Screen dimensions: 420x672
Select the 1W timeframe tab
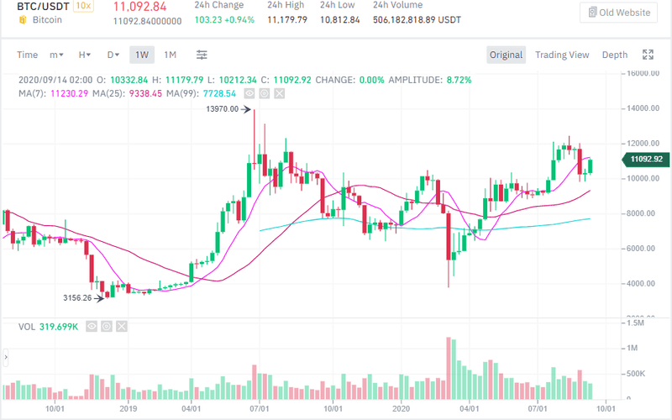pyautogui.click(x=142, y=55)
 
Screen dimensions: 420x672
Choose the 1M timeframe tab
pyautogui.click(x=170, y=55)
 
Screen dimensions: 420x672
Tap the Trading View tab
pyautogui.click(x=562, y=55)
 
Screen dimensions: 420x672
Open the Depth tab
pyautogui.click(x=614, y=55)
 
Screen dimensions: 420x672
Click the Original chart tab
pyautogui.click(x=507, y=55)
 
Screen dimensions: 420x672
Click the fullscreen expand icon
pyautogui.click(x=648, y=55)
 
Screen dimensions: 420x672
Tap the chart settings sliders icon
pyautogui.click(x=202, y=55)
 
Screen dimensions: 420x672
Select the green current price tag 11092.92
pyautogui.click(x=644, y=160)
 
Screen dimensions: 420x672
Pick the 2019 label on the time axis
pyautogui.click(x=128, y=409)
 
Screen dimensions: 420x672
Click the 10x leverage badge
pyautogui.click(x=82, y=6)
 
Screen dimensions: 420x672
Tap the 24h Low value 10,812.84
pyautogui.click(x=336, y=20)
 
